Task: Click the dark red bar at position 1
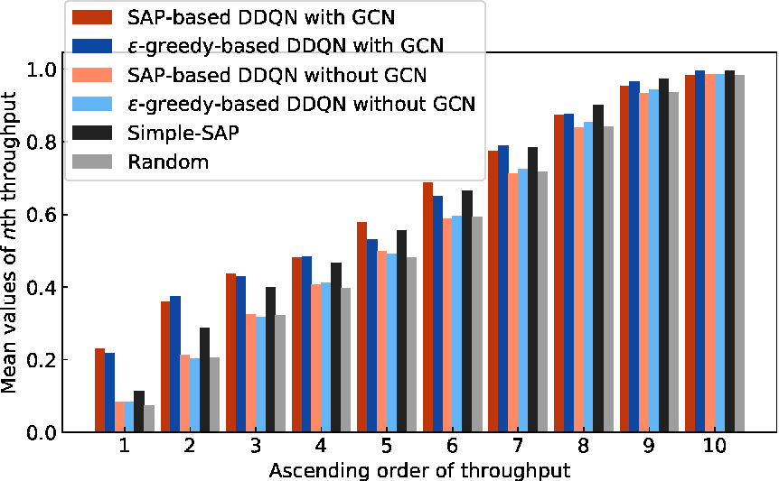point(99,390)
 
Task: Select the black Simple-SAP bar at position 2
point(204,380)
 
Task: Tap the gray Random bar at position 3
point(280,374)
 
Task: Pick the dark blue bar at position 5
point(372,336)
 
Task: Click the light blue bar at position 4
point(326,357)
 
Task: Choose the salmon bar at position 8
point(578,280)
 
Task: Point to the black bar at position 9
point(663,255)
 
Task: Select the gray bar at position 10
point(739,254)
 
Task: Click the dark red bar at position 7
point(493,291)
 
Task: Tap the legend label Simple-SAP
point(183,133)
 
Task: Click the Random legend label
point(168,162)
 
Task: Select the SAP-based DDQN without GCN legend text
point(277,75)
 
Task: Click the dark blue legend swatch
point(92,46)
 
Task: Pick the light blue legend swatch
point(92,104)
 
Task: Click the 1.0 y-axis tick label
point(41,69)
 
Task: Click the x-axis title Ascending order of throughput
point(420,470)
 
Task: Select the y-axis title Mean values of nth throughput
point(8,243)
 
